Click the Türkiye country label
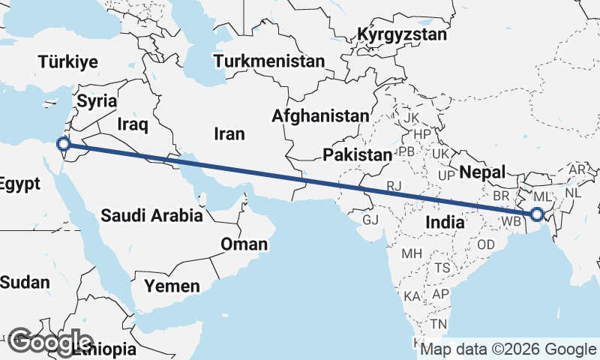click(x=69, y=61)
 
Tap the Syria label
click(x=97, y=100)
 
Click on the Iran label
click(x=229, y=133)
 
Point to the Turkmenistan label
click(x=268, y=61)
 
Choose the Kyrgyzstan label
click(x=402, y=34)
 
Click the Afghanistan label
click(x=320, y=116)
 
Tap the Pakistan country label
click(x=357, y=155)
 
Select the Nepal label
click(x=481, y=172)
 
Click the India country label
click(x=443, y=222)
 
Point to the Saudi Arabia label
click(x=152, y=216)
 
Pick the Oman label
click(x=243, y=244)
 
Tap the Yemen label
click(x=172, y=286)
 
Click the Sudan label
click(x=25, y=283)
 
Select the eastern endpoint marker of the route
click(x=537, y=214)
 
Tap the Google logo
click(x=49, y=342)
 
